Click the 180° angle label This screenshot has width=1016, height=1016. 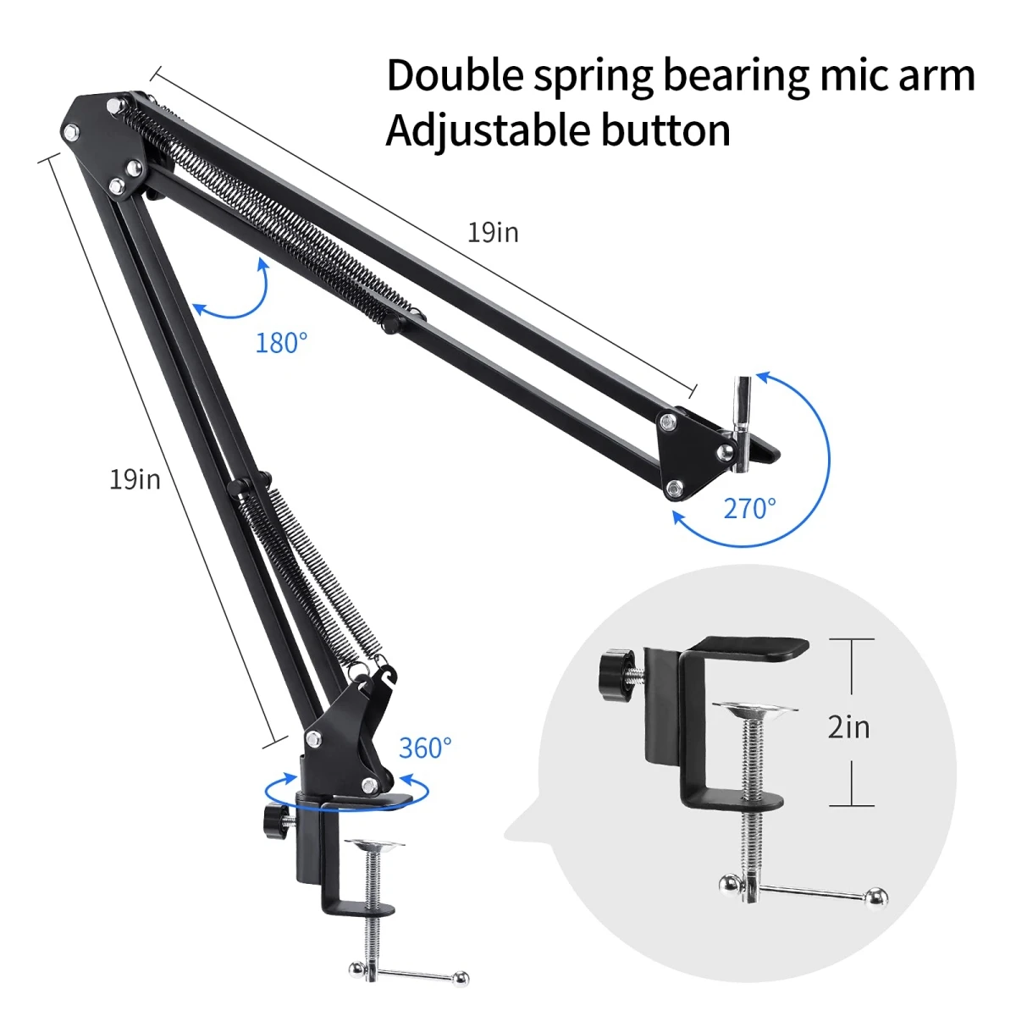(281, 343)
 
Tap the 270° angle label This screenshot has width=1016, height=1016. (749, 508)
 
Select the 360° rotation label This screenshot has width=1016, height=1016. (425, 748)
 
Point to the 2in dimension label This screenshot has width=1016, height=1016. (848, 726)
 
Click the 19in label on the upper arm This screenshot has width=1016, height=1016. (493, 232)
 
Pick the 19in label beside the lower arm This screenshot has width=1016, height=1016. (135, 479)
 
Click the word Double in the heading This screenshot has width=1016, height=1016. (455, 75)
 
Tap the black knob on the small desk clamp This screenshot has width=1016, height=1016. (274, 820)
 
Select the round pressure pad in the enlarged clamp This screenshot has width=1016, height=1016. (754, 710)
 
